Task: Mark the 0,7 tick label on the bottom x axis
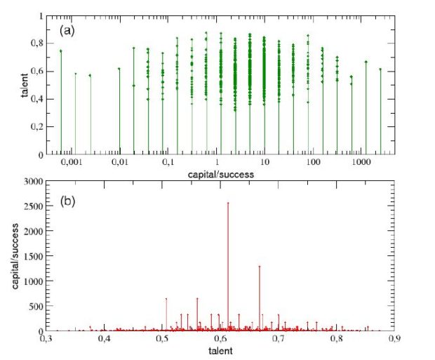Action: coord(279,340)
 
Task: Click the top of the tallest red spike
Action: coord(227,204)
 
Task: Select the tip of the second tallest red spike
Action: coord(259,266)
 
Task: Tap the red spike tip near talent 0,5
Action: coord(166,299)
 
